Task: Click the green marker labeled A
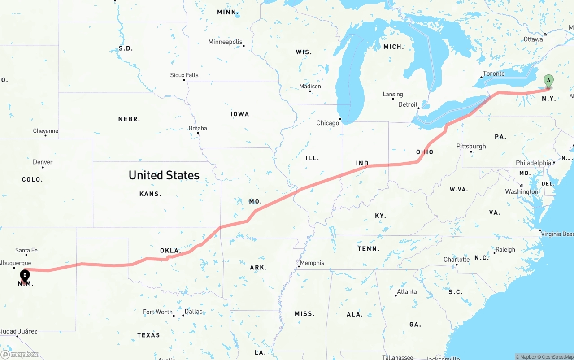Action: tap(548, 81)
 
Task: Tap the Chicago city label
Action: tap(328, 123)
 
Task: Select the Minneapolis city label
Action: tap(225, 42)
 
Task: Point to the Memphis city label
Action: tap(312, 263)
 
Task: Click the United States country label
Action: tap(164, 175)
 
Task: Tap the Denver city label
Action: tap(43, 162)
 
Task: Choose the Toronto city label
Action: tap(494, 74)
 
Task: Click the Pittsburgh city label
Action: tap(471, 146)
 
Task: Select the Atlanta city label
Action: tap(407, 291)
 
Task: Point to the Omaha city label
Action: tap(198, 128)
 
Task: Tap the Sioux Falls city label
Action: tap(184, 75)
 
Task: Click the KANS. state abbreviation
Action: tap(150, 194)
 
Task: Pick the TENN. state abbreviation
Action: tap(368, 248)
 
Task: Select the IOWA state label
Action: tap(240, 114)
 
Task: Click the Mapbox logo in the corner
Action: tap(20, 354)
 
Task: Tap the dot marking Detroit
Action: tap(418, 108)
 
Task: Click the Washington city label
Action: tap(522, 191)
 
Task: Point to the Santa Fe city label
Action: tap(26, 250)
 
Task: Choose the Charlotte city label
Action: tap(457, 260)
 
